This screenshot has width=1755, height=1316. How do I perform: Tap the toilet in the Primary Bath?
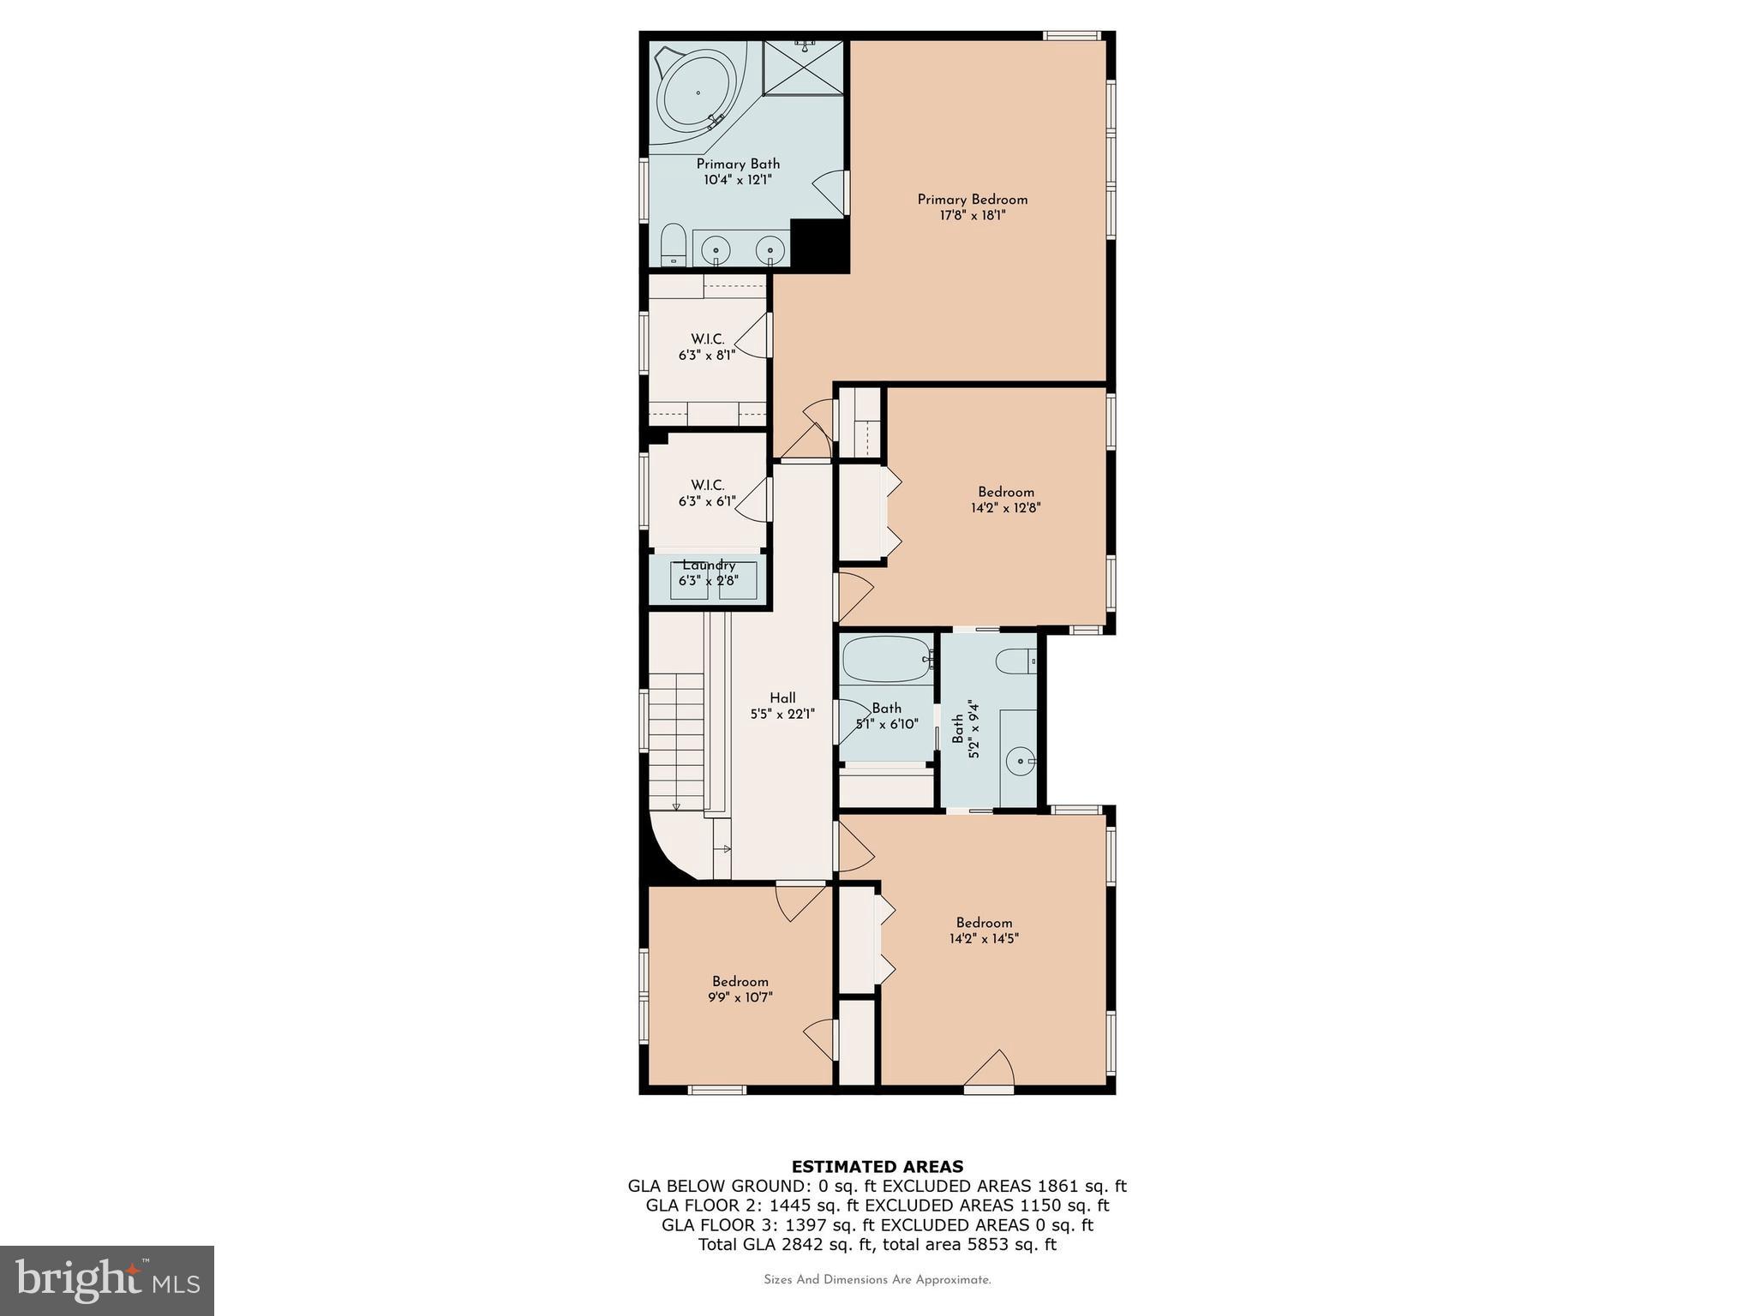(x=674, y=245)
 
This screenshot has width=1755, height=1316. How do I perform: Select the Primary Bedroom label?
(x=972, y=200)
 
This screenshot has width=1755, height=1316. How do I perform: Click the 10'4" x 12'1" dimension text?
(x=737, y=180)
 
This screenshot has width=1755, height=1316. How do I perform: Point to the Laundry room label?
(x=709, y=565)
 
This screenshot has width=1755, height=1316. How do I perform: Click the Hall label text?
(x=782, y=698)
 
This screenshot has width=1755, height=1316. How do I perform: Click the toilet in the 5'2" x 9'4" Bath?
(x=1016, y=661)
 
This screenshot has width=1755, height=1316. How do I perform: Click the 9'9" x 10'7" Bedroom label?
(x=740, y=982)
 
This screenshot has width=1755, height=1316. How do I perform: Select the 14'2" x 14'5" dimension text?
(x=984, y=938)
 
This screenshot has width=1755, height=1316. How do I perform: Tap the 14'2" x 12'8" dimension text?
(x=1006, y=507)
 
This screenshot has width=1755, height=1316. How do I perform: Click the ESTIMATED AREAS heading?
(x=877, y=1166)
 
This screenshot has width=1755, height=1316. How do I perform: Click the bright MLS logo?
(x=107, y=1280)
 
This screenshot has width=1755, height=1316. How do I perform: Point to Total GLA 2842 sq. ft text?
(x=877, y=1245)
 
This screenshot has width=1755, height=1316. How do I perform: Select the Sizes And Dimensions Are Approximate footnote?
(x=877, y=1280)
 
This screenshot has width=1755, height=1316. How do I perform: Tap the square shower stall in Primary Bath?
(x=803, y=68)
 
